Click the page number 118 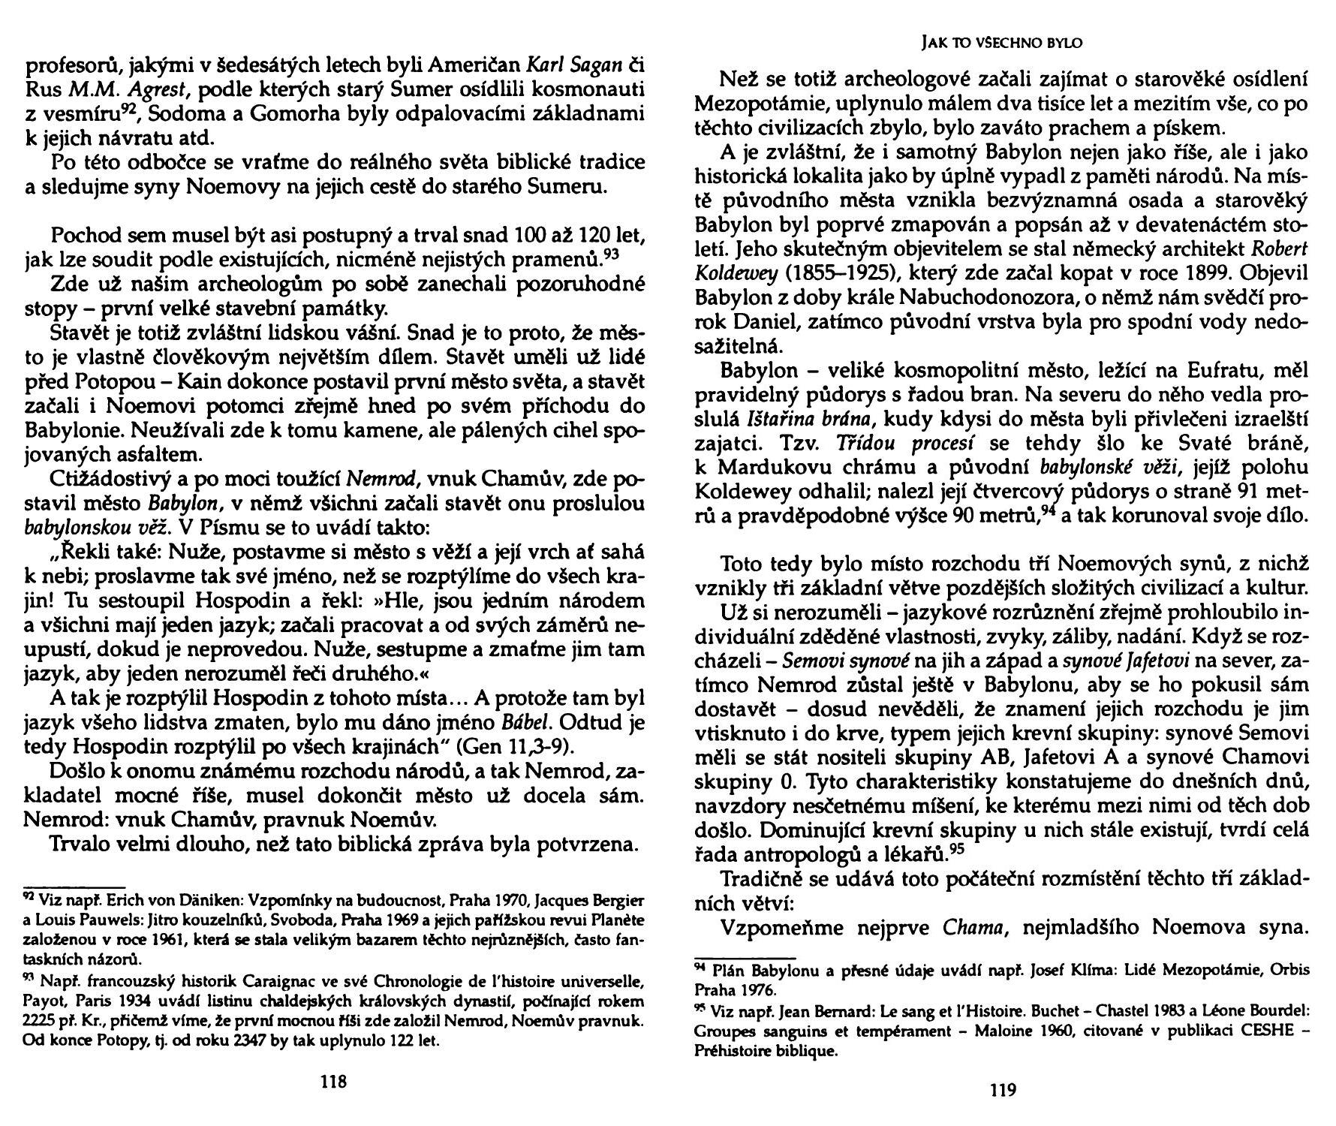333,1082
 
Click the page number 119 1003,1091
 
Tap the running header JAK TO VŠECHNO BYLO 1001,44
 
